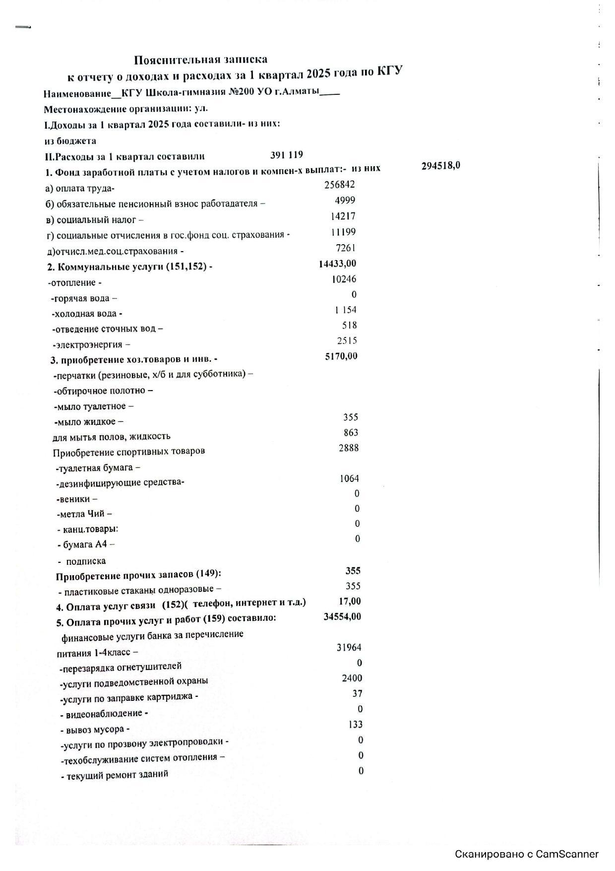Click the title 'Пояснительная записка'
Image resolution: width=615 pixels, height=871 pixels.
(x=200, y=60)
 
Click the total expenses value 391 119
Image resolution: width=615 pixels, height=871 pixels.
(x=286, y=155)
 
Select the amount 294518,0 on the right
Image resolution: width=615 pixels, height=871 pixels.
(x=440, y=166)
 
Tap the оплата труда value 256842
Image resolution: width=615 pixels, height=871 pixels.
(x=339, y=185)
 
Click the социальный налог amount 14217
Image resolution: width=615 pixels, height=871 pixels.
(x=343, y=216)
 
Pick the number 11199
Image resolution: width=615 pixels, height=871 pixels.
(x=343, y=232)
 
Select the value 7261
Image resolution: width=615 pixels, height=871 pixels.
(x=346, y=248)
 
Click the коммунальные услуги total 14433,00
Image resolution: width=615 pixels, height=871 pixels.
(x=337, y=264)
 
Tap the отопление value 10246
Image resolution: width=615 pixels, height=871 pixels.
(x=344, y=279)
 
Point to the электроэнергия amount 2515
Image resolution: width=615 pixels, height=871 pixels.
(x=347, y=341)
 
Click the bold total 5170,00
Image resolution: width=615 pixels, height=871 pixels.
(x=341, y=356)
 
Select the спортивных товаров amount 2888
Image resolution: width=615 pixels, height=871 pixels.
(x=348, y=448)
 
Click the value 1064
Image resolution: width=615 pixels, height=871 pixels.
(x=349, y=479)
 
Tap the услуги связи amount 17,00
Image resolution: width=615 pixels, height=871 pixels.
(x=350, y=602)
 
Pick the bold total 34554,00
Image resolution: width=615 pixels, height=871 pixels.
(x=342, y=617)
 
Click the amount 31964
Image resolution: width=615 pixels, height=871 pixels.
(x=349, y=648)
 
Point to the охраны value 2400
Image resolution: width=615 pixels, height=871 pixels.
(x=352, y=678)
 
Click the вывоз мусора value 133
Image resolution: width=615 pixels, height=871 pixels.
(x=355, y=725)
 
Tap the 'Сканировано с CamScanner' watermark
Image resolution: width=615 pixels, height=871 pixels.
(x=527, y=854)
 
